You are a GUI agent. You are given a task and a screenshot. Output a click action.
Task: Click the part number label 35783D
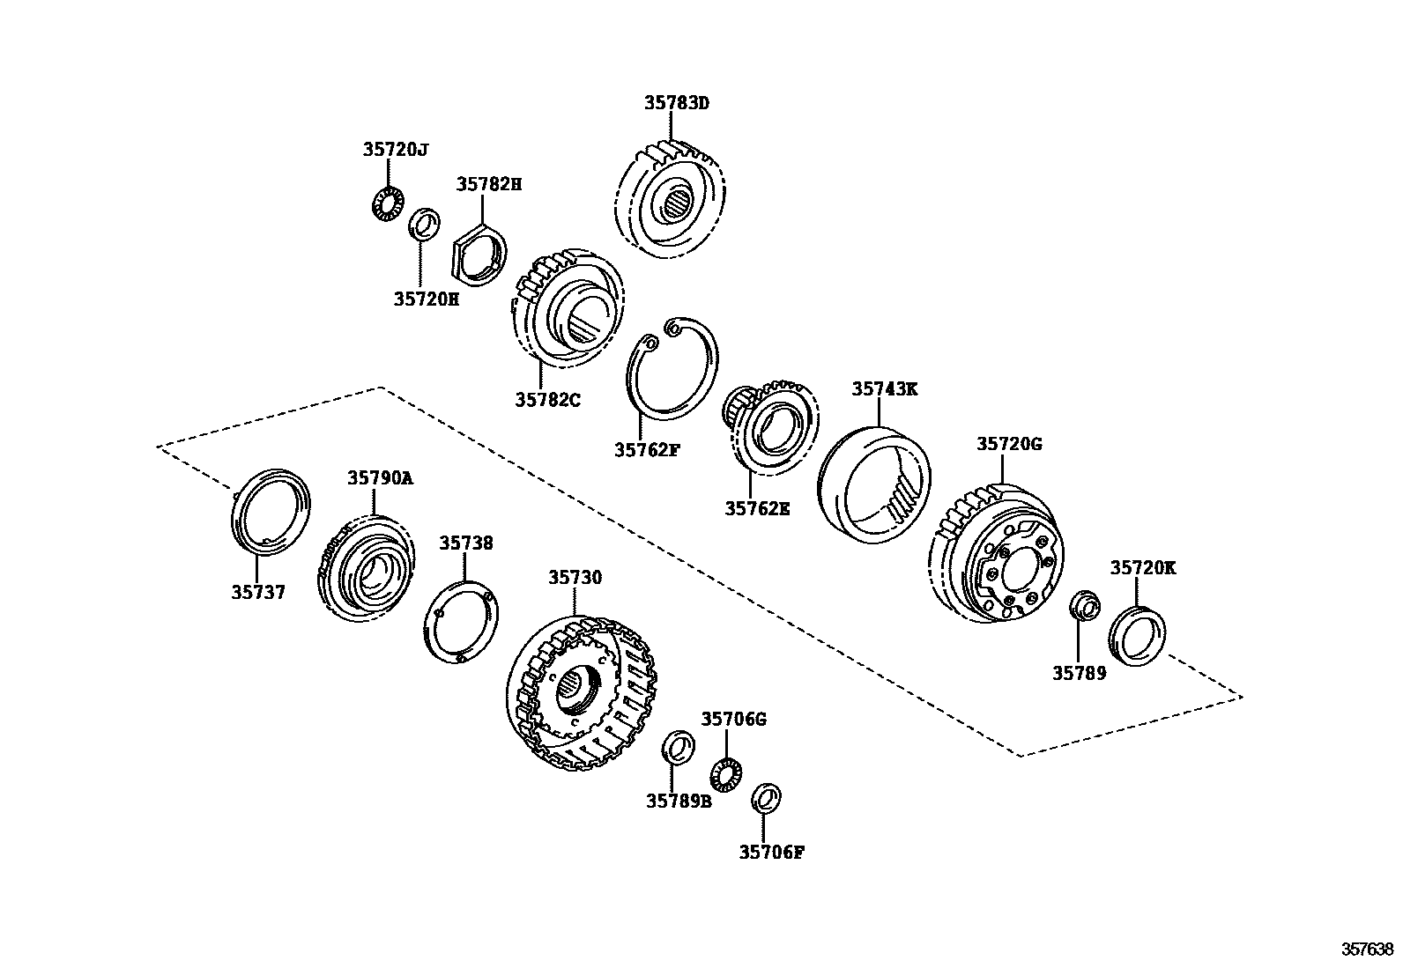point(676,103)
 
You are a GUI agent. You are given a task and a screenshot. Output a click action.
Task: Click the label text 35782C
point(547,400)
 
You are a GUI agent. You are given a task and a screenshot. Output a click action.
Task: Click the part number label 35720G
point(1008,445)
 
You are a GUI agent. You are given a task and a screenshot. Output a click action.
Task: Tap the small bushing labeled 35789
point(1084,607)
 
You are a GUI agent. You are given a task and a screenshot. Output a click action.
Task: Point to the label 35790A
point(379,478)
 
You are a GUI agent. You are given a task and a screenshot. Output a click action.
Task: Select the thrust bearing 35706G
point(726,772)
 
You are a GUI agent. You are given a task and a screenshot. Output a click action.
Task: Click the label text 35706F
point(771,852)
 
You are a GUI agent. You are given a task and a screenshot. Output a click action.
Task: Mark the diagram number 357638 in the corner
point(1367,949)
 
